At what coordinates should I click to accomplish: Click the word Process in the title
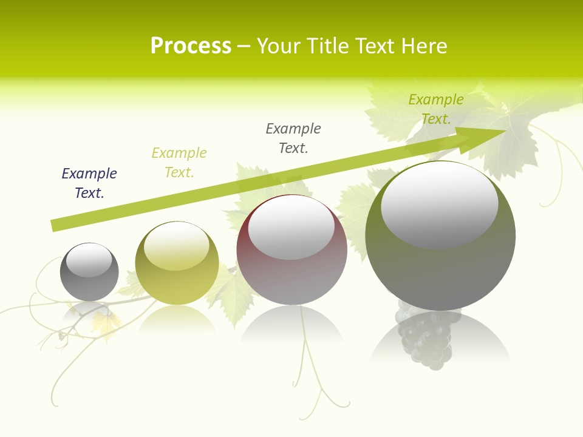point(191,46)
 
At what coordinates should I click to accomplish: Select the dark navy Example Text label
point(89,183)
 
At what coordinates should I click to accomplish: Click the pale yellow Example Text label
point(179,163)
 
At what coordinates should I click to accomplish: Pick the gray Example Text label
point(293,138)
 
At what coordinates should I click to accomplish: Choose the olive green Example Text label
point(435,109)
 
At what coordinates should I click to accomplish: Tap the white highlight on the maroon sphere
point(291,228)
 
